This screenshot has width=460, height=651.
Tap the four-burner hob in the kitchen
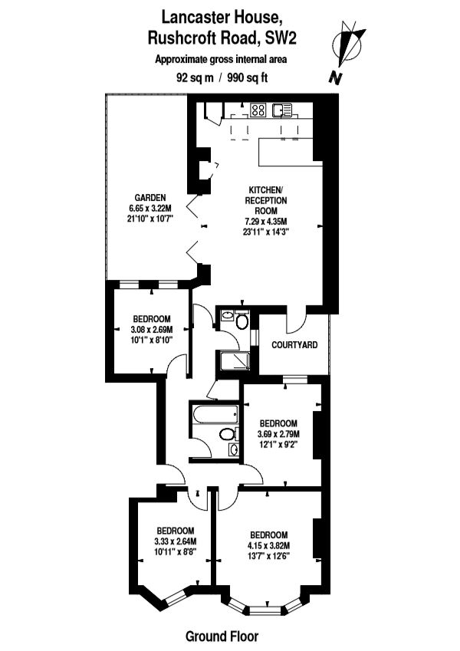258,110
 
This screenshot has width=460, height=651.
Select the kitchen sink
282,110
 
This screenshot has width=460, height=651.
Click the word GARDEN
149,198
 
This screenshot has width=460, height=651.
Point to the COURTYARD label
294,344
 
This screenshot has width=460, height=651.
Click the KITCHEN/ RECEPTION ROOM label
266,200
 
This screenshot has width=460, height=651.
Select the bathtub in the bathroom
215,414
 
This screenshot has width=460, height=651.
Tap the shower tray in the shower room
234,361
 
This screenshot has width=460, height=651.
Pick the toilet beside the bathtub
228,434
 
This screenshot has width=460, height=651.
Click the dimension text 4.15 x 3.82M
269,545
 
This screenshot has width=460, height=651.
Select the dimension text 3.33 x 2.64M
176,541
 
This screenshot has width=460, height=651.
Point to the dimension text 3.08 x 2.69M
152,330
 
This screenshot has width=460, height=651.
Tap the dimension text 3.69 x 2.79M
278,434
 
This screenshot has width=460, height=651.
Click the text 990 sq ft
248,77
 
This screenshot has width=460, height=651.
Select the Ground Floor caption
222,636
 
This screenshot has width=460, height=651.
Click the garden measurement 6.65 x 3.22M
149,208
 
